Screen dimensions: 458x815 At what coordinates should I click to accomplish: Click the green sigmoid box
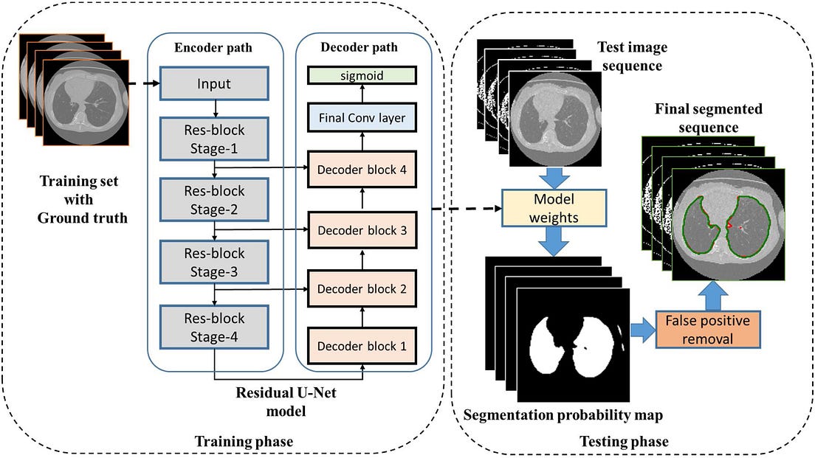tap(362, 75)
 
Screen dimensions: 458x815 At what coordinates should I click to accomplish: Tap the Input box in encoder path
tap(215, 84)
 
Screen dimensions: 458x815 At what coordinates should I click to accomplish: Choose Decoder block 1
tap(362, 345)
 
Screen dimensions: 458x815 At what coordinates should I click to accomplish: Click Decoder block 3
tap(362, 230)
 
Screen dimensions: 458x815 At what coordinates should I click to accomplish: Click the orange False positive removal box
tap(707, 330)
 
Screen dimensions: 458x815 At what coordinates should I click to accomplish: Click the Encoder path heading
tap(215, 48)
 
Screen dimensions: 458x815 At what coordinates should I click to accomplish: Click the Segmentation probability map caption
tap(563, 414)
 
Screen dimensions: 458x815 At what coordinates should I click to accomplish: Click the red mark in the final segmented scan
tap(729, 223)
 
